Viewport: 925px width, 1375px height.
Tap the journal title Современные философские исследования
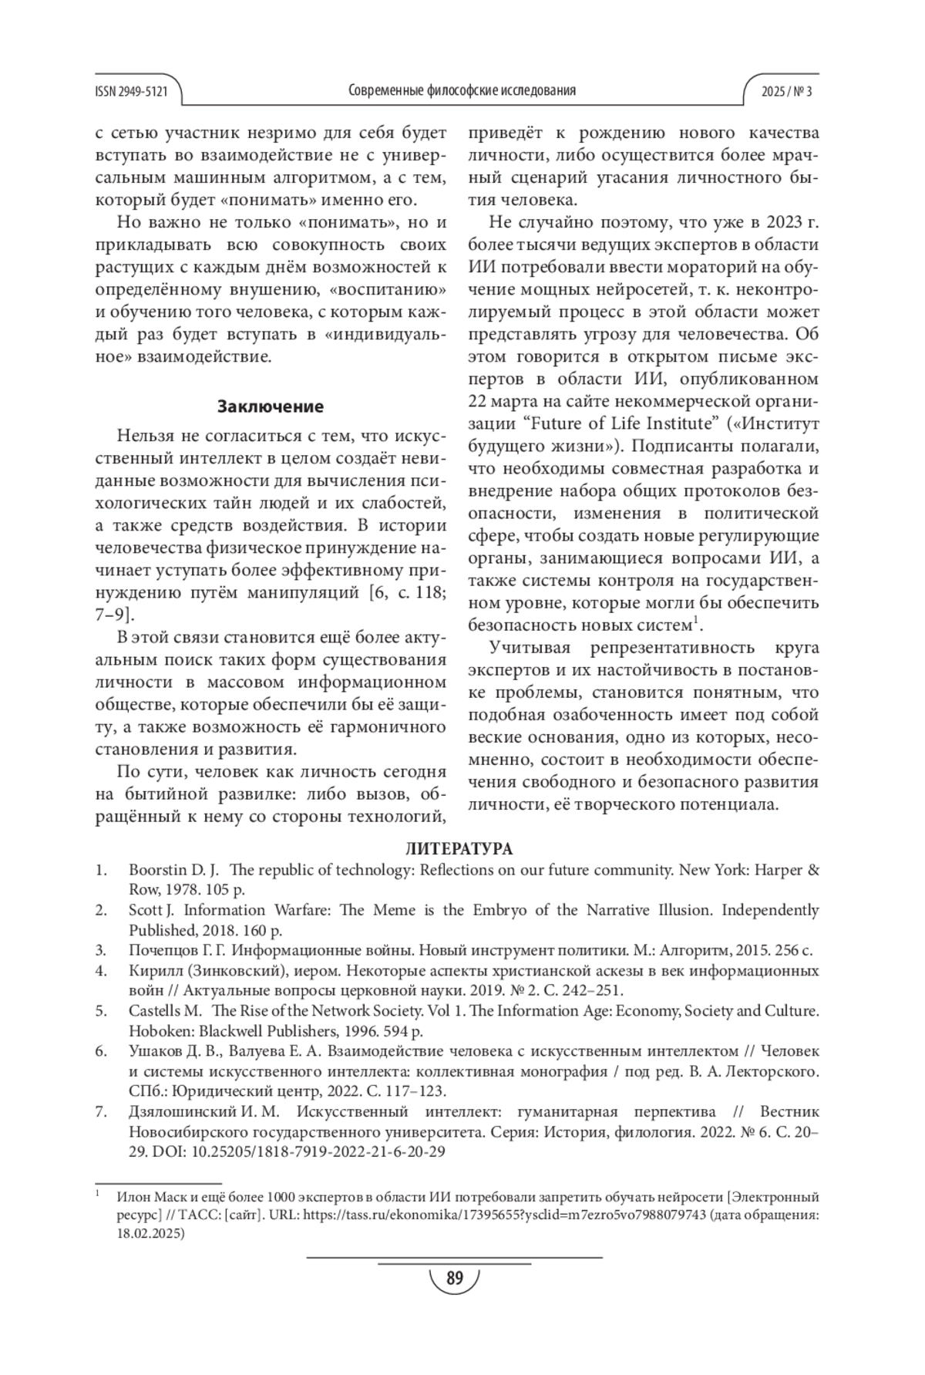[x=462, y=91]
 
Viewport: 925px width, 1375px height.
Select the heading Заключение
[x=271, y=406]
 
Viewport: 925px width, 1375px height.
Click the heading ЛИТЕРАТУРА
[x=459, y=850]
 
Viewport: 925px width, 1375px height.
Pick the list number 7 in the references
[x=100, y=1112]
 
